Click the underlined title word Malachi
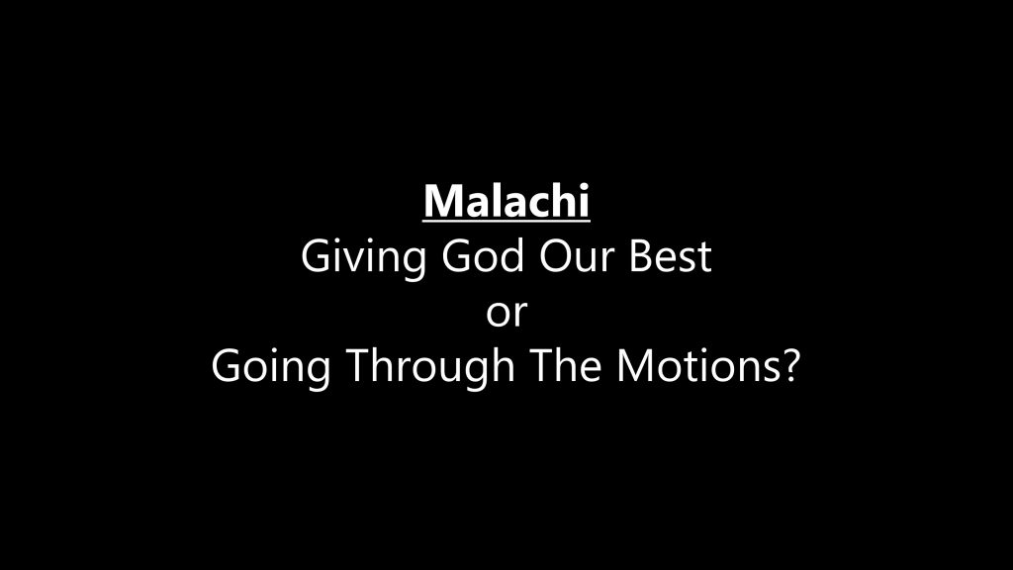(506, 202)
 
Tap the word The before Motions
(566, 366)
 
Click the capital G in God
(457, 256)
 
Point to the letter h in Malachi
(562, 200)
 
